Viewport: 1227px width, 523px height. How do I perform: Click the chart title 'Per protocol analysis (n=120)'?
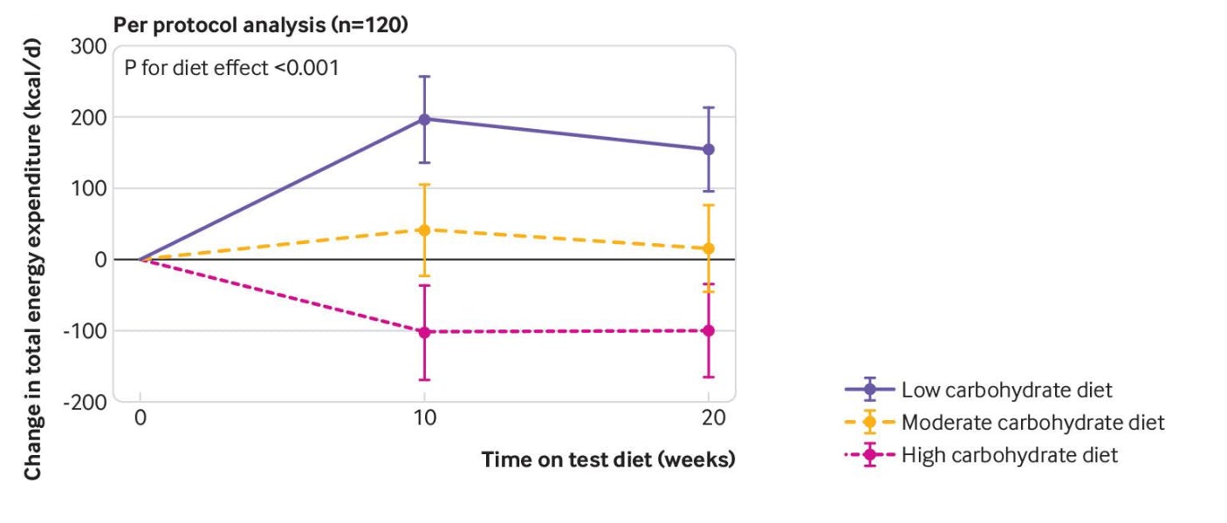pos(261,26)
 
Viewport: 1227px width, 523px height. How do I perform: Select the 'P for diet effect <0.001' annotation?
pos(231,67)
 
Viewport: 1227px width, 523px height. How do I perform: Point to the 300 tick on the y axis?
pos(89,46)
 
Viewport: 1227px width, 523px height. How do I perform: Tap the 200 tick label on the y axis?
pos(89,117)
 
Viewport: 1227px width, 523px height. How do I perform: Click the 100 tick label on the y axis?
pos(89,188)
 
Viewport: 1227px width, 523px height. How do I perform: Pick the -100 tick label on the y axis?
pos(86,331)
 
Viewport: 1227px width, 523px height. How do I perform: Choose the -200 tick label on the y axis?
pos(86,402)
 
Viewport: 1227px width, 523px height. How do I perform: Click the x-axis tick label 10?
pos(424,418)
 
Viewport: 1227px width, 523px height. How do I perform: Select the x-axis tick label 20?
pos(709,418)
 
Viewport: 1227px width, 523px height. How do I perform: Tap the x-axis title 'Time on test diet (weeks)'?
pos(608,459)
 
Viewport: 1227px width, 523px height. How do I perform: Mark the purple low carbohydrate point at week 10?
pos(424,119)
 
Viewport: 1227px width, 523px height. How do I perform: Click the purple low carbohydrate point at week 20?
pos(709,149)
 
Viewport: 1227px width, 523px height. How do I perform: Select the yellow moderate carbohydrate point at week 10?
pos(424,230)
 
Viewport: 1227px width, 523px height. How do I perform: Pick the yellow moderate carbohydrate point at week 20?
pos(709,248)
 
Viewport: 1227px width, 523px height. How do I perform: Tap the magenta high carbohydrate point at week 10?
pos(424,332)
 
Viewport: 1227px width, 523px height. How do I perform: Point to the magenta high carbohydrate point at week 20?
pos(709,330)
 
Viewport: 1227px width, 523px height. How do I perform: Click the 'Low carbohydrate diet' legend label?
pos(1007,391)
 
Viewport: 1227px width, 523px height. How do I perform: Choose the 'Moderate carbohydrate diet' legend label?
pos(1032,423)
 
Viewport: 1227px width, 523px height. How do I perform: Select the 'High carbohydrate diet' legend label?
pos(1010,455)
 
